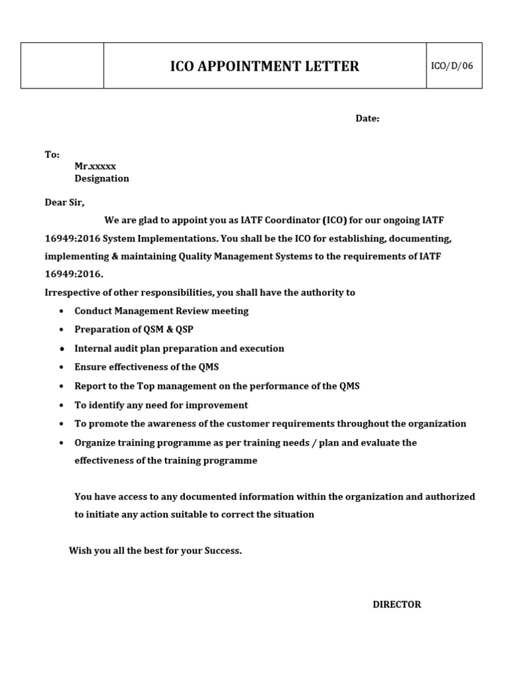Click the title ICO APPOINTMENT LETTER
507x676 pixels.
tap(265, 66)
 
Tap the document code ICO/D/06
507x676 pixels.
tap(452, 66)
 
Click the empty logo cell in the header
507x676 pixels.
tap(62, 66)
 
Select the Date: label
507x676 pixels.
tap(368, 118)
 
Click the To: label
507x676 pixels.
tap(52, 154)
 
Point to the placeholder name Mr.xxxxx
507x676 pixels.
tap(95, 166)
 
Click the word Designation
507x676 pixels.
tap(102, 179)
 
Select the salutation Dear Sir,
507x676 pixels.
tap(65, 203)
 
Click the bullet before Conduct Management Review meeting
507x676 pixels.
tap(61, 312)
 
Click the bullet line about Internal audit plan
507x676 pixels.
tap(179, 348)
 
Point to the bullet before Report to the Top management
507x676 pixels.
tap(61, 386)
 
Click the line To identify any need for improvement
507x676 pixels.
tap(161, 405)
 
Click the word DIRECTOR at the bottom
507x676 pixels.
tap(397, 604)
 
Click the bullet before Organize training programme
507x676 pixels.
tap(61, 443)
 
